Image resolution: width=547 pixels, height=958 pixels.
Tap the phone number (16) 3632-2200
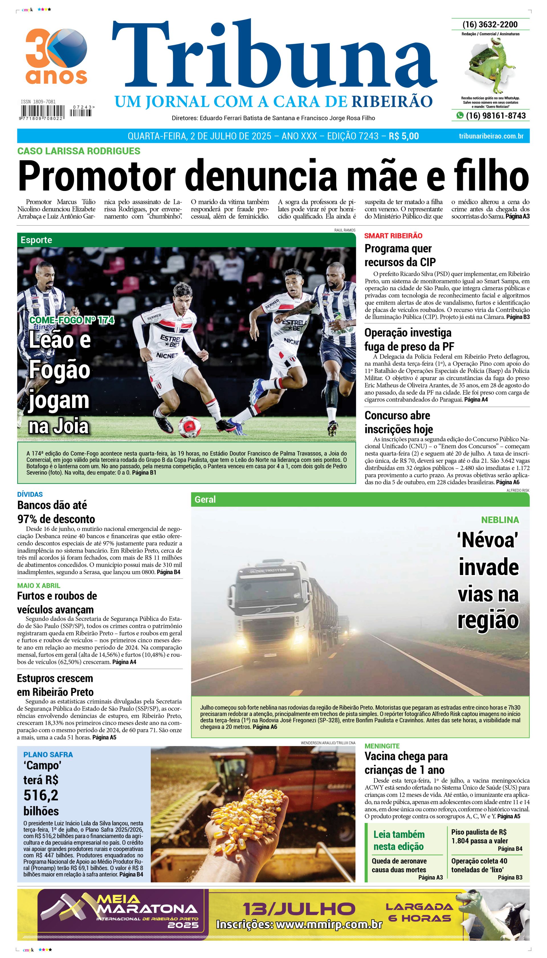click(490, 25)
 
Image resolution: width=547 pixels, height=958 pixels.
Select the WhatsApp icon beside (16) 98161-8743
click(460, 115)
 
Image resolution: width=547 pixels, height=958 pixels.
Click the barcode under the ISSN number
click(42, 112)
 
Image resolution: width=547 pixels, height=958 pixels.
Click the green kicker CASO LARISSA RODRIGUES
click(79, 151)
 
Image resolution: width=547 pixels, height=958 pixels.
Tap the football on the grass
click(189, 427)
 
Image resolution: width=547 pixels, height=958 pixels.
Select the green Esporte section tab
click(36, 240)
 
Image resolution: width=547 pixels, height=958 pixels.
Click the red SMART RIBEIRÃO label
click(393, 236)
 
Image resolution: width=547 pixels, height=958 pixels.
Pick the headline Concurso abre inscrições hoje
click(398, 422)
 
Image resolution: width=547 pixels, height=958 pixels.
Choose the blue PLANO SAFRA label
click(48, 754)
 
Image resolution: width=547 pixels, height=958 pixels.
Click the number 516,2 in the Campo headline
click(40, 795)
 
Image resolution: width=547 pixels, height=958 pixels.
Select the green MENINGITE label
click(382, 746)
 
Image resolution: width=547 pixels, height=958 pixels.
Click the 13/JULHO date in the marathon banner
click(299, 909)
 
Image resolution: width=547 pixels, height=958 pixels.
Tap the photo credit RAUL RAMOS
click(344, 230)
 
